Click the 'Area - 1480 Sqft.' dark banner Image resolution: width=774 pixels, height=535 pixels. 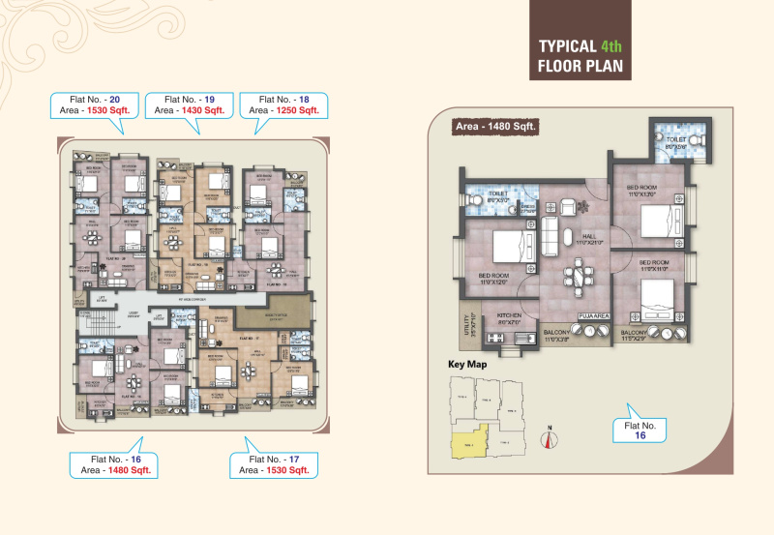click(x=496, y=127)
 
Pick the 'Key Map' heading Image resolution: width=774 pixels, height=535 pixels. click(x=466, y=365)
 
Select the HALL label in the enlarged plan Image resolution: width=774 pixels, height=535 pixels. click(x=589, y=236)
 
